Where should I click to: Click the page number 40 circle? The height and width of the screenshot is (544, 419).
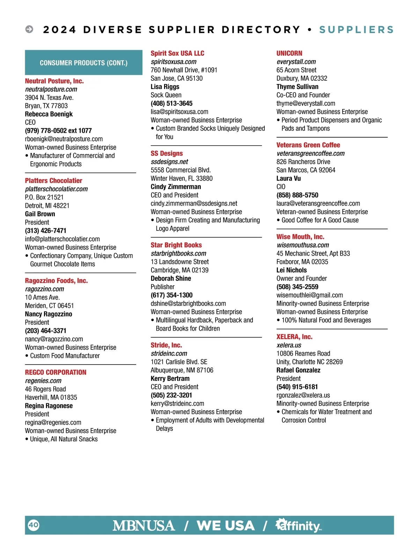coord(34,525)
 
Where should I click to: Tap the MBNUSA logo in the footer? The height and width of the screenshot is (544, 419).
coord(144,525)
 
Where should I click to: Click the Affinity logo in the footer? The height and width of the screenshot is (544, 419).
coord(299,525)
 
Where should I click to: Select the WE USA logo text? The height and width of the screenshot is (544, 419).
coord(226,525)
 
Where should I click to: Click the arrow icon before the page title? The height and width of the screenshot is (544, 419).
coord(29,29)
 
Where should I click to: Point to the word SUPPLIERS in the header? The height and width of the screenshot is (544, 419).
coord(356,30)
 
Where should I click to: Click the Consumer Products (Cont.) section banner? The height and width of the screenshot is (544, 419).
coord(83,63)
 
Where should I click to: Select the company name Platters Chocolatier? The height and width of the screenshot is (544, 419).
coord(53,181)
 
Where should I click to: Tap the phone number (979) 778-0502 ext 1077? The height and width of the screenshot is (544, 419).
coord(58,131)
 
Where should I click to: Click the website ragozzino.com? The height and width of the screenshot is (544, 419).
coord(44,289)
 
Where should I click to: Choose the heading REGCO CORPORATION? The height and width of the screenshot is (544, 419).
coord(56,372)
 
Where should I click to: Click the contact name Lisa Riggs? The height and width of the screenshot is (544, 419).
coord(165,87)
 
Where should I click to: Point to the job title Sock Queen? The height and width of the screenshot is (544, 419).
coord(166,95)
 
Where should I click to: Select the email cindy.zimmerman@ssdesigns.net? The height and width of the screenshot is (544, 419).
coord(194,203)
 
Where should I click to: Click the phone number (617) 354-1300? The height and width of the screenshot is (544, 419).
coord(171,295)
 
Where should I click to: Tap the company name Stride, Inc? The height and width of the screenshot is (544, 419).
coord(166,345)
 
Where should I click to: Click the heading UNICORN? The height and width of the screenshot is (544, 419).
coord(289,53)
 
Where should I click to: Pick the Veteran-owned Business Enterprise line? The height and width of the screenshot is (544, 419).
coord(322,212)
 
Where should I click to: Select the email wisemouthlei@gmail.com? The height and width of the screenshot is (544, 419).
coord(309,295)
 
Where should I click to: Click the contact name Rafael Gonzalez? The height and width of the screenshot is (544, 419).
coord(298,370)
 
